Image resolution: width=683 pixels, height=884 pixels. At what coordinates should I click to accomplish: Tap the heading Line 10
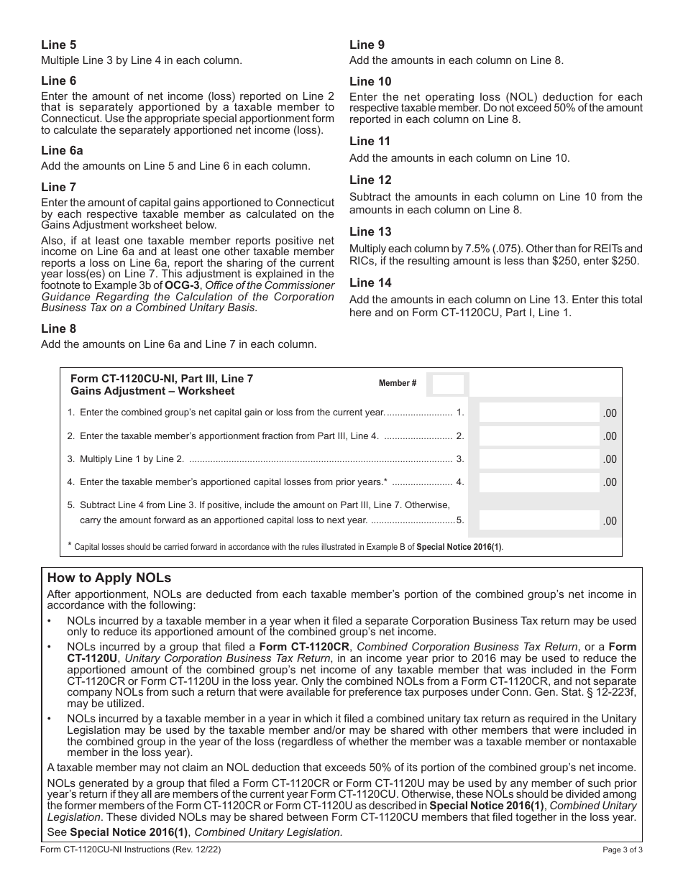[370, 81]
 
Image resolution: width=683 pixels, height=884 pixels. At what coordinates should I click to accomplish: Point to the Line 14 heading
[370, 283]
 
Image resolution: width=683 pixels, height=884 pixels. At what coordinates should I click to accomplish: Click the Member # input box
[448, 384]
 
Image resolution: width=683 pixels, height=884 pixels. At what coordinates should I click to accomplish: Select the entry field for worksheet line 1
[539, 413]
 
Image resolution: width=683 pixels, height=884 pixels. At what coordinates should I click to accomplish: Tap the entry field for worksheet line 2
[539, 436]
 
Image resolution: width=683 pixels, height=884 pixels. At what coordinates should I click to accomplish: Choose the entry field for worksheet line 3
[539, 459]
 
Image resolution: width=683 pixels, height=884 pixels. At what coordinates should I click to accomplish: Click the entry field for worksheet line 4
[539, 482]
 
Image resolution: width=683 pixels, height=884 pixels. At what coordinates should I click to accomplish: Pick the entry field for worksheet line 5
[539, 520]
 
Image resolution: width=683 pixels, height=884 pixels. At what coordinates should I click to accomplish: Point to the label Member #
[398, 384]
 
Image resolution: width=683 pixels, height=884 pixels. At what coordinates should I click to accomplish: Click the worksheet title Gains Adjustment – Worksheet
[152, 392]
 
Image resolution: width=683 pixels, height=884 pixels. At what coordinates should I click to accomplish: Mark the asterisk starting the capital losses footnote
[70, 545]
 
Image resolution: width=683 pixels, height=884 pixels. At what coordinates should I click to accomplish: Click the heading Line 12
[370, 180]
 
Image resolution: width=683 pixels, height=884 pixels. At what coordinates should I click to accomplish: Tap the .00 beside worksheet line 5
[610, 521]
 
